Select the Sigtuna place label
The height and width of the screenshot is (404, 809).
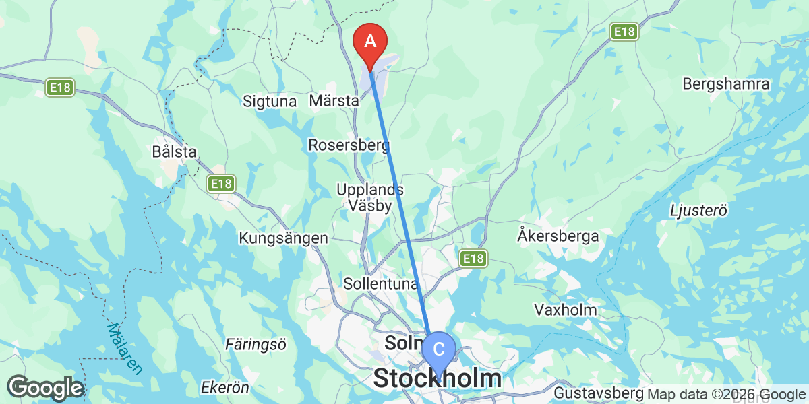[x=270, y=102]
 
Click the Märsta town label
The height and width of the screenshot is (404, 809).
[x=334, y=102]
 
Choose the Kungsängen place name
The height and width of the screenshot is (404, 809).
[x=283, y=238]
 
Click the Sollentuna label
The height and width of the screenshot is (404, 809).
[x=381, y=283]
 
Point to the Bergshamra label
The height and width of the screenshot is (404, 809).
[x=726, y=84]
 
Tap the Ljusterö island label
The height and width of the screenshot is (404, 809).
[x=698, y=211]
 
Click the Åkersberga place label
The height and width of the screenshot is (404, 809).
[x=558, y=236]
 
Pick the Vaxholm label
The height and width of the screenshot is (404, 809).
[x=566, y=310]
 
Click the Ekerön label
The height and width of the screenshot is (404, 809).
[x=225, y=388]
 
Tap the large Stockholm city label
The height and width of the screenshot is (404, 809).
[x=437, y=378]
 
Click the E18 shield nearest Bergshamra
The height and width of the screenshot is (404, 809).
[x=624, y=32]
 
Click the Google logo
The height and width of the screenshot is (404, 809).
[x=44, y=389]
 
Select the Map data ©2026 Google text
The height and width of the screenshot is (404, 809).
[x=727, y=395]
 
